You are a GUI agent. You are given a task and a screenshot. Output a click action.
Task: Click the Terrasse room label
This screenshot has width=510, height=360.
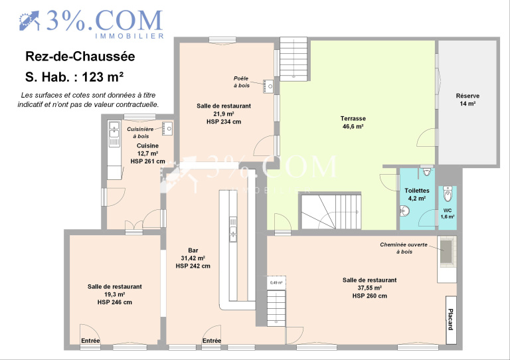pos(353,119)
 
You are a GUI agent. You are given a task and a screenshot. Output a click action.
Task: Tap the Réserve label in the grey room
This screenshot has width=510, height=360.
pos(467,96)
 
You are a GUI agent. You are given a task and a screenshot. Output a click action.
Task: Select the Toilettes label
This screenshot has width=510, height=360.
pos(417,191)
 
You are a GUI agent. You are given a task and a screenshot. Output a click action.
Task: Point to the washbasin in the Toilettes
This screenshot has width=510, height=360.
pos(404,211)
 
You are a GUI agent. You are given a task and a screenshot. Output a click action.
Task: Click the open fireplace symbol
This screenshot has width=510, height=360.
pos(446,251)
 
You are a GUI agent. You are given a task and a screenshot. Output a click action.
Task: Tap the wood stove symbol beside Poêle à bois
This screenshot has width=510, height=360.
pos(268,86)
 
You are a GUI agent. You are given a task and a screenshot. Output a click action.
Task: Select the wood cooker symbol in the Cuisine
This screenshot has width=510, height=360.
pos(167,129)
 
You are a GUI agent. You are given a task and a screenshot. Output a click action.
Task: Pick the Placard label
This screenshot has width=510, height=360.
pos(450,319)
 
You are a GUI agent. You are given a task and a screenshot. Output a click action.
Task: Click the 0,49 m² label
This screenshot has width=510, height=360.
pos(276,282)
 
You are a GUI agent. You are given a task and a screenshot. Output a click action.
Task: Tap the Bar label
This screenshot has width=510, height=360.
pos(193,250)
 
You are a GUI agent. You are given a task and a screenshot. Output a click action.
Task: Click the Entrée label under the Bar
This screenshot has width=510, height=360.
pos(212,341)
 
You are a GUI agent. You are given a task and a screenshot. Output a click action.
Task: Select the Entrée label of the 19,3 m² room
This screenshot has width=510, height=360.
pos(90,341)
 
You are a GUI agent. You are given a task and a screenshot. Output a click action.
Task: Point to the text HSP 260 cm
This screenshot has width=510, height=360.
pos(370,296)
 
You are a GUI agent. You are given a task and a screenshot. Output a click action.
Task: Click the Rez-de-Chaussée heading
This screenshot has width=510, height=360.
pos(80,56)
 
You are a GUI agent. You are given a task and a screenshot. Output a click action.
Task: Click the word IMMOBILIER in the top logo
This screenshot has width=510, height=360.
pos(129,36)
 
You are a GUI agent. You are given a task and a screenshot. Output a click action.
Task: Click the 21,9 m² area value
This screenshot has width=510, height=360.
pos(224,114)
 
